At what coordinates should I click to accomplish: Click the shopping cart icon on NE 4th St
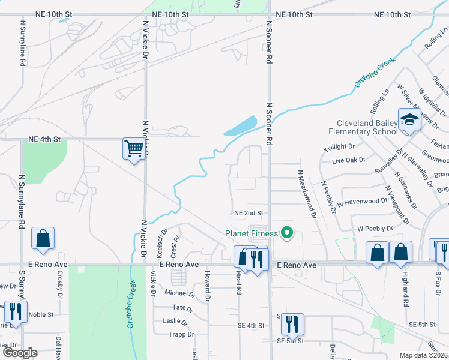tap(134, 148)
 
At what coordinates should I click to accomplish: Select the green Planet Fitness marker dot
tap(287, 233)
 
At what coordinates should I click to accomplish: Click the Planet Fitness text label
tap(252, 233)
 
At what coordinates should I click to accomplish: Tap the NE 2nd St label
tap(249, 213)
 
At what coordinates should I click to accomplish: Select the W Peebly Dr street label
tap(375, 229)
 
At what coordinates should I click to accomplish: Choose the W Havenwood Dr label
tap(363, 201)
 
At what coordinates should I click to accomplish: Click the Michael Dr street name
tap(179, 293)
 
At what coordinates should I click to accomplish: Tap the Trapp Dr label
tap(181, 334)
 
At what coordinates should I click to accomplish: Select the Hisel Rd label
tap(239, 283)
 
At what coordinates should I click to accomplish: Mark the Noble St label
tap(41, 314)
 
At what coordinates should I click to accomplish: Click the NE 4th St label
tap(45, 139)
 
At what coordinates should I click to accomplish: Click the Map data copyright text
tap(423, 355)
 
